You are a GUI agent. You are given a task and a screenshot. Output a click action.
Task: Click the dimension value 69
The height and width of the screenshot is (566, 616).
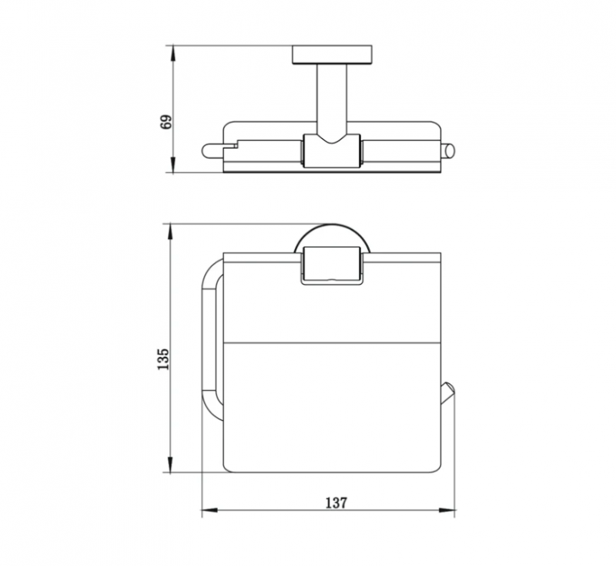(166, 122)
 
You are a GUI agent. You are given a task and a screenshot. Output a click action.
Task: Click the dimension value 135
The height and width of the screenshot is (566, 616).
(163, 359)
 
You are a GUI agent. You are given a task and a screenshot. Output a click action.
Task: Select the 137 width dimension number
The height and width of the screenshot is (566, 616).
(336, 502)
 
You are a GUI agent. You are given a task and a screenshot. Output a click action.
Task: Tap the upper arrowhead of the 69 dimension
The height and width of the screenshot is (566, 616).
(172, 53)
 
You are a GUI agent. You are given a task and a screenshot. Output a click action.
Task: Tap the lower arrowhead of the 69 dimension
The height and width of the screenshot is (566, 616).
(172, 165)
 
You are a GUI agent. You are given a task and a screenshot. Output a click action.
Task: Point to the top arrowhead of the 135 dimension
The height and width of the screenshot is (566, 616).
(169, 231)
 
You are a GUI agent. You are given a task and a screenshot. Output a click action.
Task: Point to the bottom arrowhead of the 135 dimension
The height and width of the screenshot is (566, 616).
(169, 464)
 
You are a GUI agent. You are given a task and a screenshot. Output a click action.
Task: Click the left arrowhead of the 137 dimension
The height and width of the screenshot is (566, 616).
(209, 510)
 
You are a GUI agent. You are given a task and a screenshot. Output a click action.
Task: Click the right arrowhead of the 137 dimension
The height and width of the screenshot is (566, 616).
(447, 510)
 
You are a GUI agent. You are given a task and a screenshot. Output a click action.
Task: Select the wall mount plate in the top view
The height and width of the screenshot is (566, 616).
(332, 55)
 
